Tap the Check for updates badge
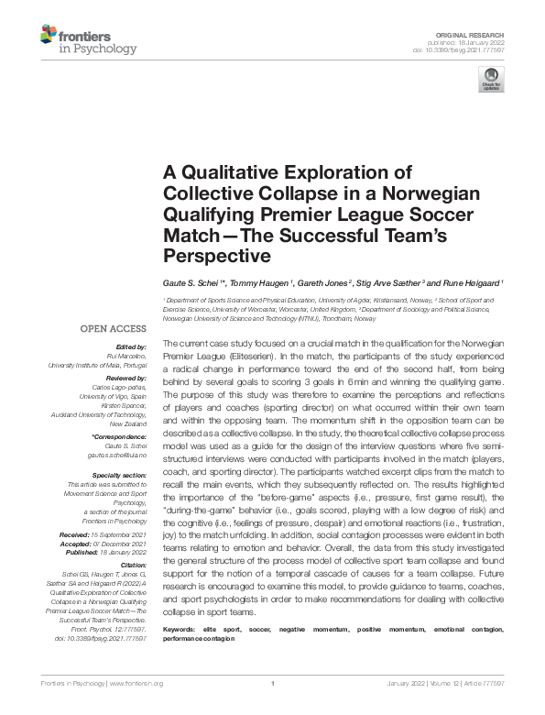pyautogui.click(x=491, y=79)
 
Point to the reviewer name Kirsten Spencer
pyautogui.click(x=120, y=406)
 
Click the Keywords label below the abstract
pyautogui.click(x=181, y=630)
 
